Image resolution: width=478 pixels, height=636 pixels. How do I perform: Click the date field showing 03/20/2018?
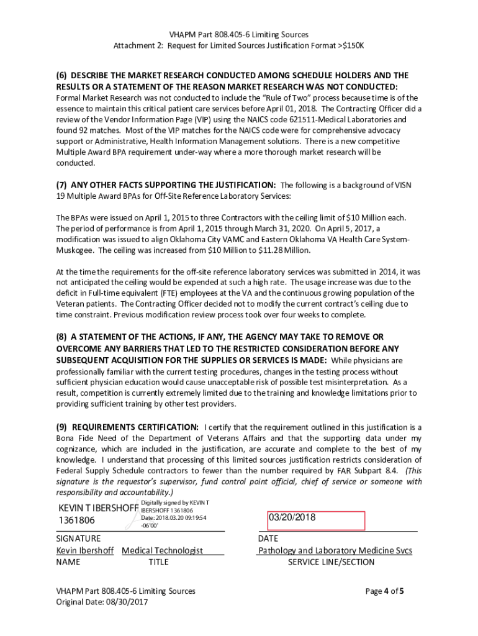tap(315, 520)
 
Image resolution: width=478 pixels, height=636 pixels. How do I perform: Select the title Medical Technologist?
tap(162, 550)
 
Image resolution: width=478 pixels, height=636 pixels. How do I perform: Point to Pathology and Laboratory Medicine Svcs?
tap(335, 550)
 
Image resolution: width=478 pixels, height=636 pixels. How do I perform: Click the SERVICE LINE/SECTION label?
tap(331, 562)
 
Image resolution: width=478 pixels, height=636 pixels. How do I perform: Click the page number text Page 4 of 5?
tap(385, 591)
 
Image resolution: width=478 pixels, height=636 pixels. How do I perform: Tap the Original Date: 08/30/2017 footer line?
tap(102, 602)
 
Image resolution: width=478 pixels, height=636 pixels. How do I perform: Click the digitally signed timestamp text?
tap(174, 518)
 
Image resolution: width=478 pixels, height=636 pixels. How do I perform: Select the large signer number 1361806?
tap(76, 520)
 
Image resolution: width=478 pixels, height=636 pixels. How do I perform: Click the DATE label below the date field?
tap(268, 538)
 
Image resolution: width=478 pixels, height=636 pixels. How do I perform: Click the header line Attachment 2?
tap(238, 46)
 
